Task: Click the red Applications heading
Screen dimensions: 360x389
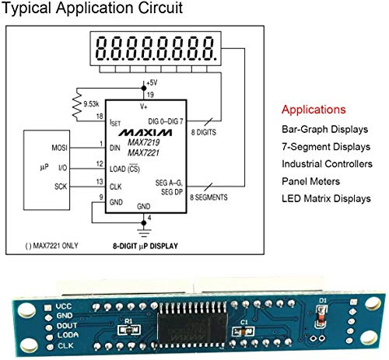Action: point(314,110)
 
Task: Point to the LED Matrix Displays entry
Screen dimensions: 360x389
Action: point(327,198)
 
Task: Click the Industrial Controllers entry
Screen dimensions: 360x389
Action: point(327,164)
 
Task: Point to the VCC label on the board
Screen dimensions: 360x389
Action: point(63,306)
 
